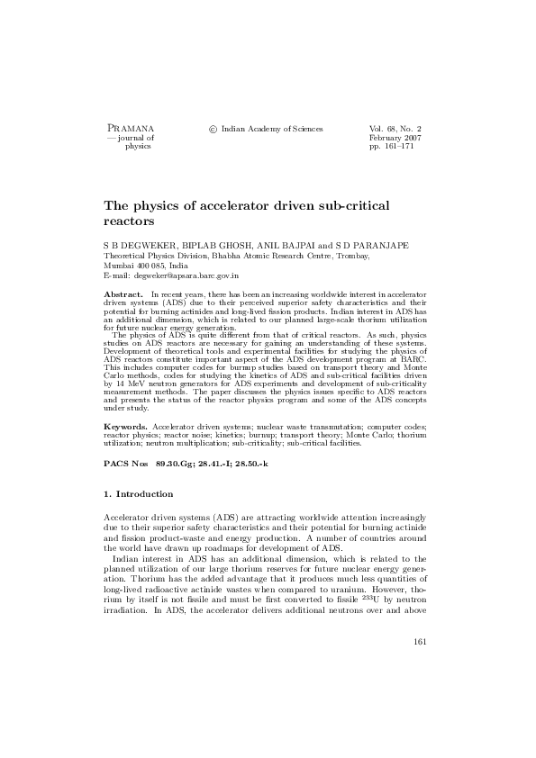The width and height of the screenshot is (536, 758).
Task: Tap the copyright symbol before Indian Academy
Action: click(213, 130)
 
